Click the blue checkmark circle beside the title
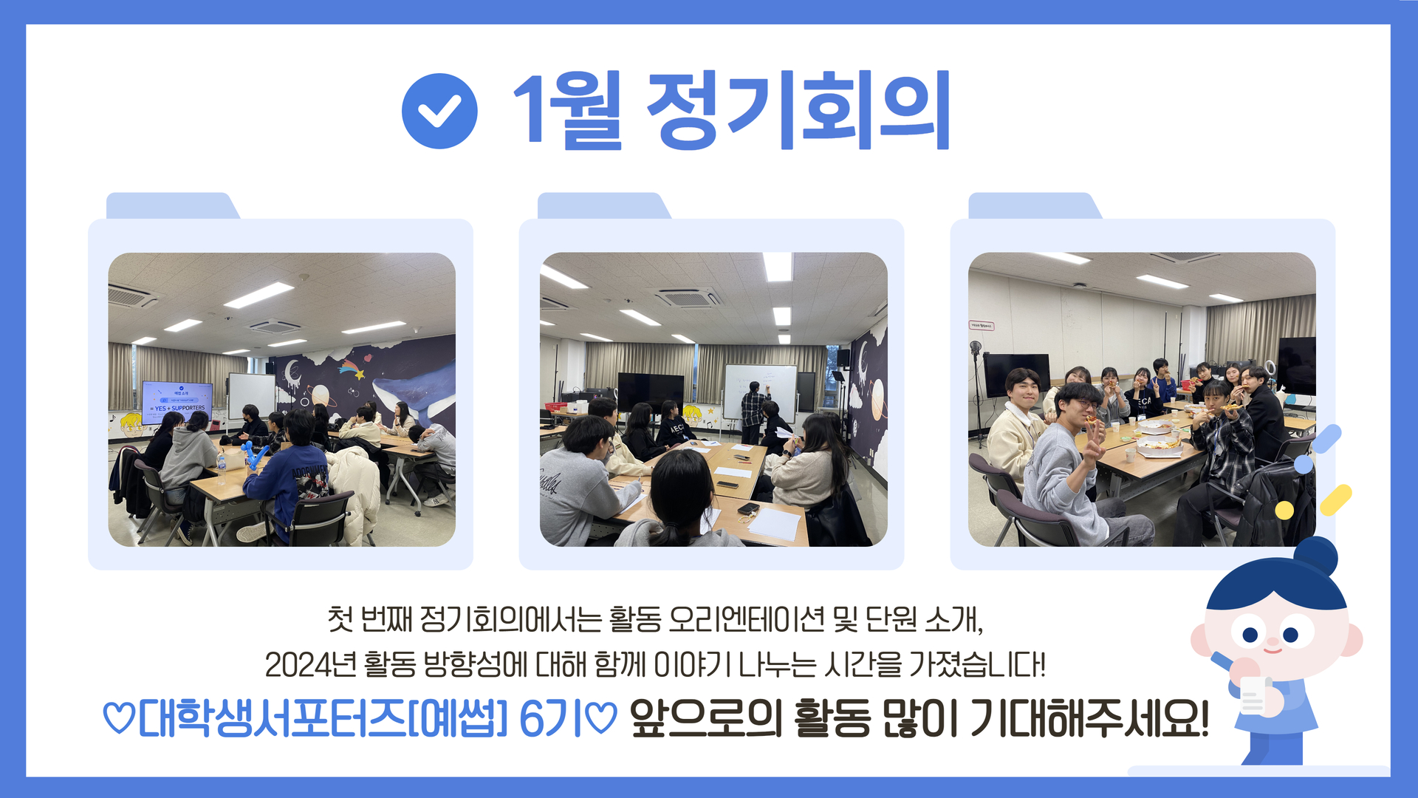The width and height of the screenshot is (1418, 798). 439,111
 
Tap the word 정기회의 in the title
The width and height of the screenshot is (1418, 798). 798,111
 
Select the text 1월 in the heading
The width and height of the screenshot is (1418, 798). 567,111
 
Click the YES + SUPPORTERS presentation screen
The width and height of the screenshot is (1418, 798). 177,403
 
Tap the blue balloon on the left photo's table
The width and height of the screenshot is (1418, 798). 256,454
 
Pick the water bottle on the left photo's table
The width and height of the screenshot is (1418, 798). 221,465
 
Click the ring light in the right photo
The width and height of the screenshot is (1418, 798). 976,348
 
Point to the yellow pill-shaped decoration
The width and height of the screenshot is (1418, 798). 1335,500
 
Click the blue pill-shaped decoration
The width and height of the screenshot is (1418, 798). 1326,439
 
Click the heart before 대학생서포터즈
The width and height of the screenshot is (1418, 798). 118,717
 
